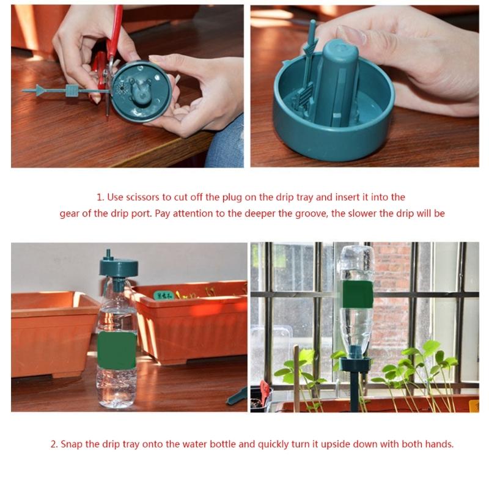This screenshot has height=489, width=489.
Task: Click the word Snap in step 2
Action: click(x=71, y=444)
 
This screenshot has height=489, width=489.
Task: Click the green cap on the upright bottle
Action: click(x=119, y=268)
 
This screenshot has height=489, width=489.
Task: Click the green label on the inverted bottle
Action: click(x=358, y=295)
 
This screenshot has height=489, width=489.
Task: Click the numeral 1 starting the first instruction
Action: click(x=99, y=197)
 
